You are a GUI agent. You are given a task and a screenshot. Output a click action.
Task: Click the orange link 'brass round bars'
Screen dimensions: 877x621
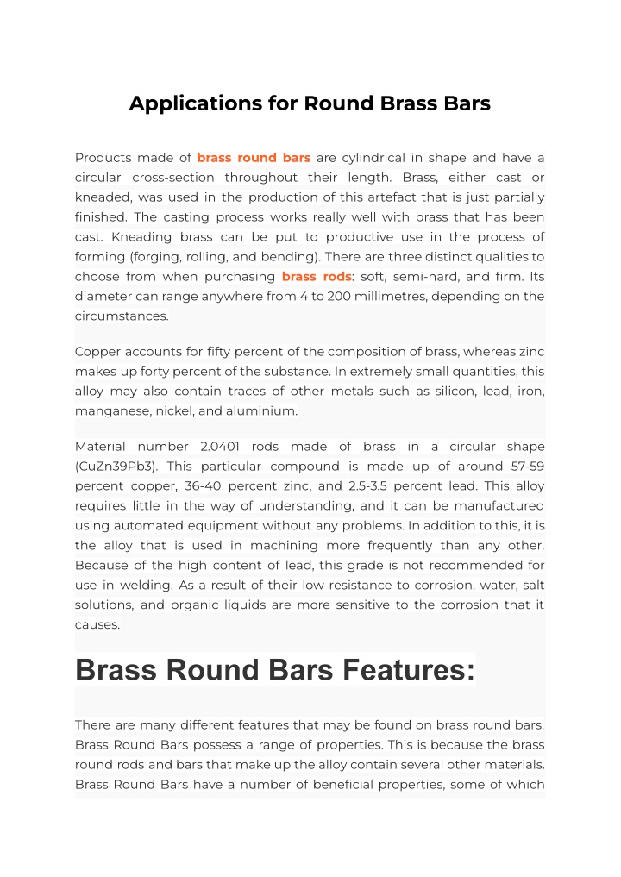(254, 158)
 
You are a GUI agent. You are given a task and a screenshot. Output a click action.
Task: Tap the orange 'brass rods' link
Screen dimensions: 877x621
(316, 277)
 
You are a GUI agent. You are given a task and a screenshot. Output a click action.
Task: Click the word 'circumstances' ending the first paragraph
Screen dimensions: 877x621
(120, 316)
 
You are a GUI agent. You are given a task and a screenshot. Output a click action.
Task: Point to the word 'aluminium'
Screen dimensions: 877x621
(261, 411)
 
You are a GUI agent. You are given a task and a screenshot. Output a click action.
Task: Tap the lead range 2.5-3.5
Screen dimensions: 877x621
(364, 486)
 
